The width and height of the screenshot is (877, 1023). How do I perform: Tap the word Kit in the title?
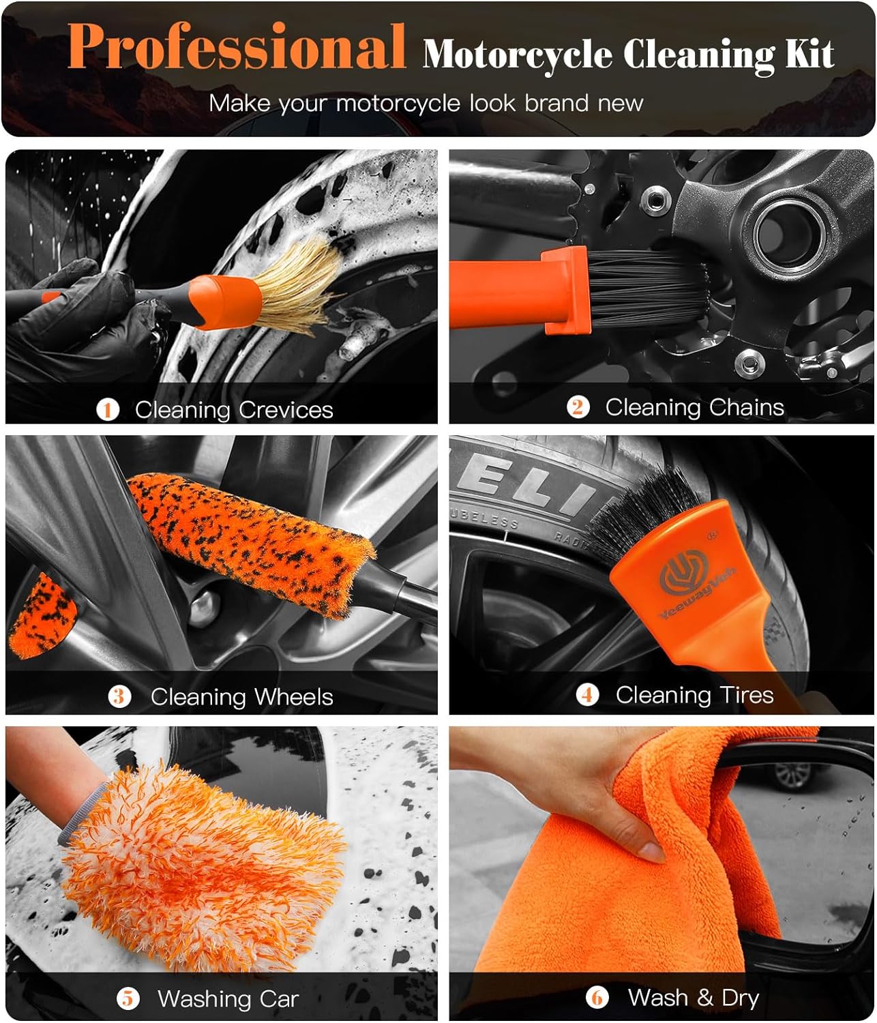pyautogui.click(x=809, y=55)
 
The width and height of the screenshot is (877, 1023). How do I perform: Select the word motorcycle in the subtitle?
pyautogui.click(x=398, y=104)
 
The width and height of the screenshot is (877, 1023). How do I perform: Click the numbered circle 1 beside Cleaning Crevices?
pyautogui.click(x=108, y=409)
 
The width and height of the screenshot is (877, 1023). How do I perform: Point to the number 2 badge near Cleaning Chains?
pyautogui.click(x=578, y=407)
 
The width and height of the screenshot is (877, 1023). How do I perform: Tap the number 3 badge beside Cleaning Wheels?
pyautogui.click(x=119, y=696)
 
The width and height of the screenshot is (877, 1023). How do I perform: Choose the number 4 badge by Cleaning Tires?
pyautogui.click(x=587, y=695)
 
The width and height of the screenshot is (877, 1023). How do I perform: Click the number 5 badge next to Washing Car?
pyautogui.click(x=128, y=998)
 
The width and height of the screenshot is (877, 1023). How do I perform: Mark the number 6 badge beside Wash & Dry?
pyautogui.click(x=597, y=998)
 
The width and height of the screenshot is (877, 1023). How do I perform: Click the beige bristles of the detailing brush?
pyautogui.click(x=300, y=283)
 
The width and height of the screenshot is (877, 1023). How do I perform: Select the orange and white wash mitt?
pyautogui.click(x=205, y=866)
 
